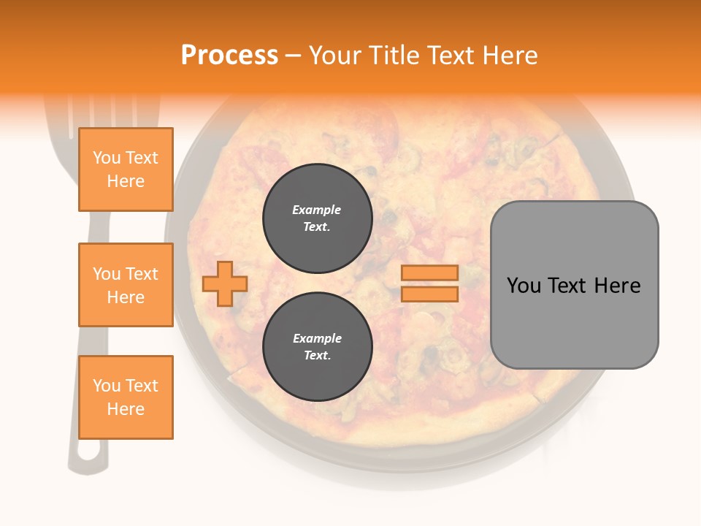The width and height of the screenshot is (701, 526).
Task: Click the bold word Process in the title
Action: [x=229, y=56]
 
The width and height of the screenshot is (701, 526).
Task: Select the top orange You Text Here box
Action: [x=126, y=169]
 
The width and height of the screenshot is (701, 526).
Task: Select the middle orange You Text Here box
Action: [x=126, y=285]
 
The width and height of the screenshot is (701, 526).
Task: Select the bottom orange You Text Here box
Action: [x=126, y=397]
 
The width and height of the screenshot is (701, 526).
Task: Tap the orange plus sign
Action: [x=225, y=284]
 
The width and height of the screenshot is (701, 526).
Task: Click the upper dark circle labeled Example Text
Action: [x=317, y=218]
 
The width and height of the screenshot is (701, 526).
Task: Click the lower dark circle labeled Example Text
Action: [x=317, y=346]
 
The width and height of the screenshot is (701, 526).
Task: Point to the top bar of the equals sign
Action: [x=429, y=272]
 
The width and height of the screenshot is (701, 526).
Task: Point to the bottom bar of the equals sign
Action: [x=429, y=294]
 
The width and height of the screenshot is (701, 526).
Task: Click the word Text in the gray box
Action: [x=567, y=286]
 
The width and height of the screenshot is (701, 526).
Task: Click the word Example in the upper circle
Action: [x=317, y=210]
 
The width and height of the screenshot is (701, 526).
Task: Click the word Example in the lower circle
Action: [x=317, y=338]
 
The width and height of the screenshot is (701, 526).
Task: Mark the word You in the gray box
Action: [x=523, y=286]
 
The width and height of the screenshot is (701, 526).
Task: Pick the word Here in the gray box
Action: [x=617, y=286]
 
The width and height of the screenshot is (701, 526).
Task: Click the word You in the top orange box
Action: [x=106, y=158]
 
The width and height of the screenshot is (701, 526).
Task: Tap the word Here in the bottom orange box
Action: [x=126, y=409]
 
